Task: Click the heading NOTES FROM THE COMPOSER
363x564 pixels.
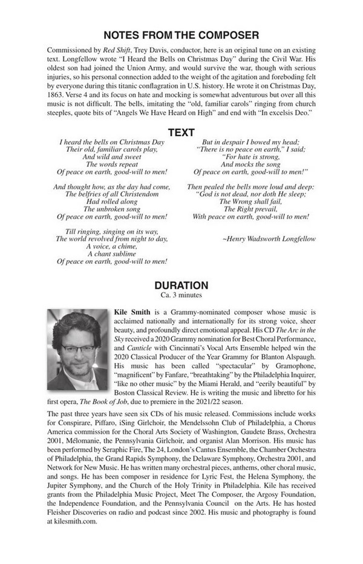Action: pos(181,35)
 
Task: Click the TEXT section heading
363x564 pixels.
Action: pos(181,132)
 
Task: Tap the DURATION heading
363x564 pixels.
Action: pos(181,286)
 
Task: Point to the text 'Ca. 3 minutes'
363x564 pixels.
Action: pos(181,295)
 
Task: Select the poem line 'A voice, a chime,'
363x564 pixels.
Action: pos(111,246)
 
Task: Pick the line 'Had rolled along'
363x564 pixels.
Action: pos(111,202)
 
